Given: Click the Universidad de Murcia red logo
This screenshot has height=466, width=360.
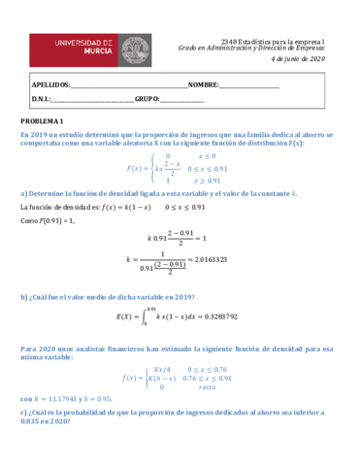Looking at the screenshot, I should [x=73, y=48].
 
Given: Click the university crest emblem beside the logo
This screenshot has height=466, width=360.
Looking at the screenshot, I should [x=130, y=48].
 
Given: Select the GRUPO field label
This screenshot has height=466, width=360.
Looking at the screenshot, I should [x=147, y=99].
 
